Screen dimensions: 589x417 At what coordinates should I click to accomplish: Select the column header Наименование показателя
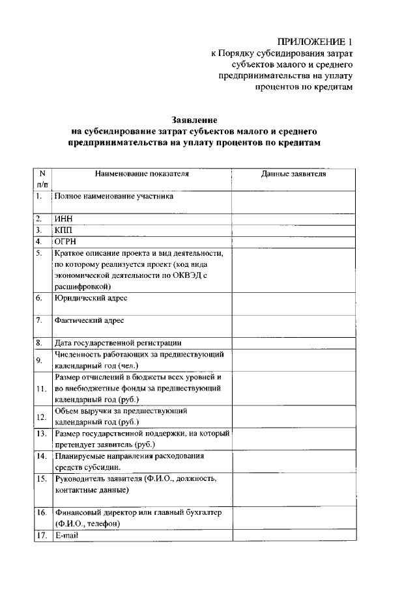141,174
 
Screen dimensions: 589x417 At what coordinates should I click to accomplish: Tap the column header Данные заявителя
294,174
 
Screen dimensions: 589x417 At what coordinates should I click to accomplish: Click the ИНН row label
63,219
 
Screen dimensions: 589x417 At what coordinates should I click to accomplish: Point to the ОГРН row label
66,241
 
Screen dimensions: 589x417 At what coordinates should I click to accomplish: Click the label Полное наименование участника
114,195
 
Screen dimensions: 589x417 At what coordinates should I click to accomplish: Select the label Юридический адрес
91,298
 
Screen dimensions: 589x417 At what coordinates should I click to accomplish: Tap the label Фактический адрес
90,320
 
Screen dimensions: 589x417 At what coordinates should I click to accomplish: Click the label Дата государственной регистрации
118,342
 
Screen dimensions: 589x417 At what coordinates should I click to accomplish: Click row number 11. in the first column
42,389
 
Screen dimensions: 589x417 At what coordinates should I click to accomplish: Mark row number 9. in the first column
40,359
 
